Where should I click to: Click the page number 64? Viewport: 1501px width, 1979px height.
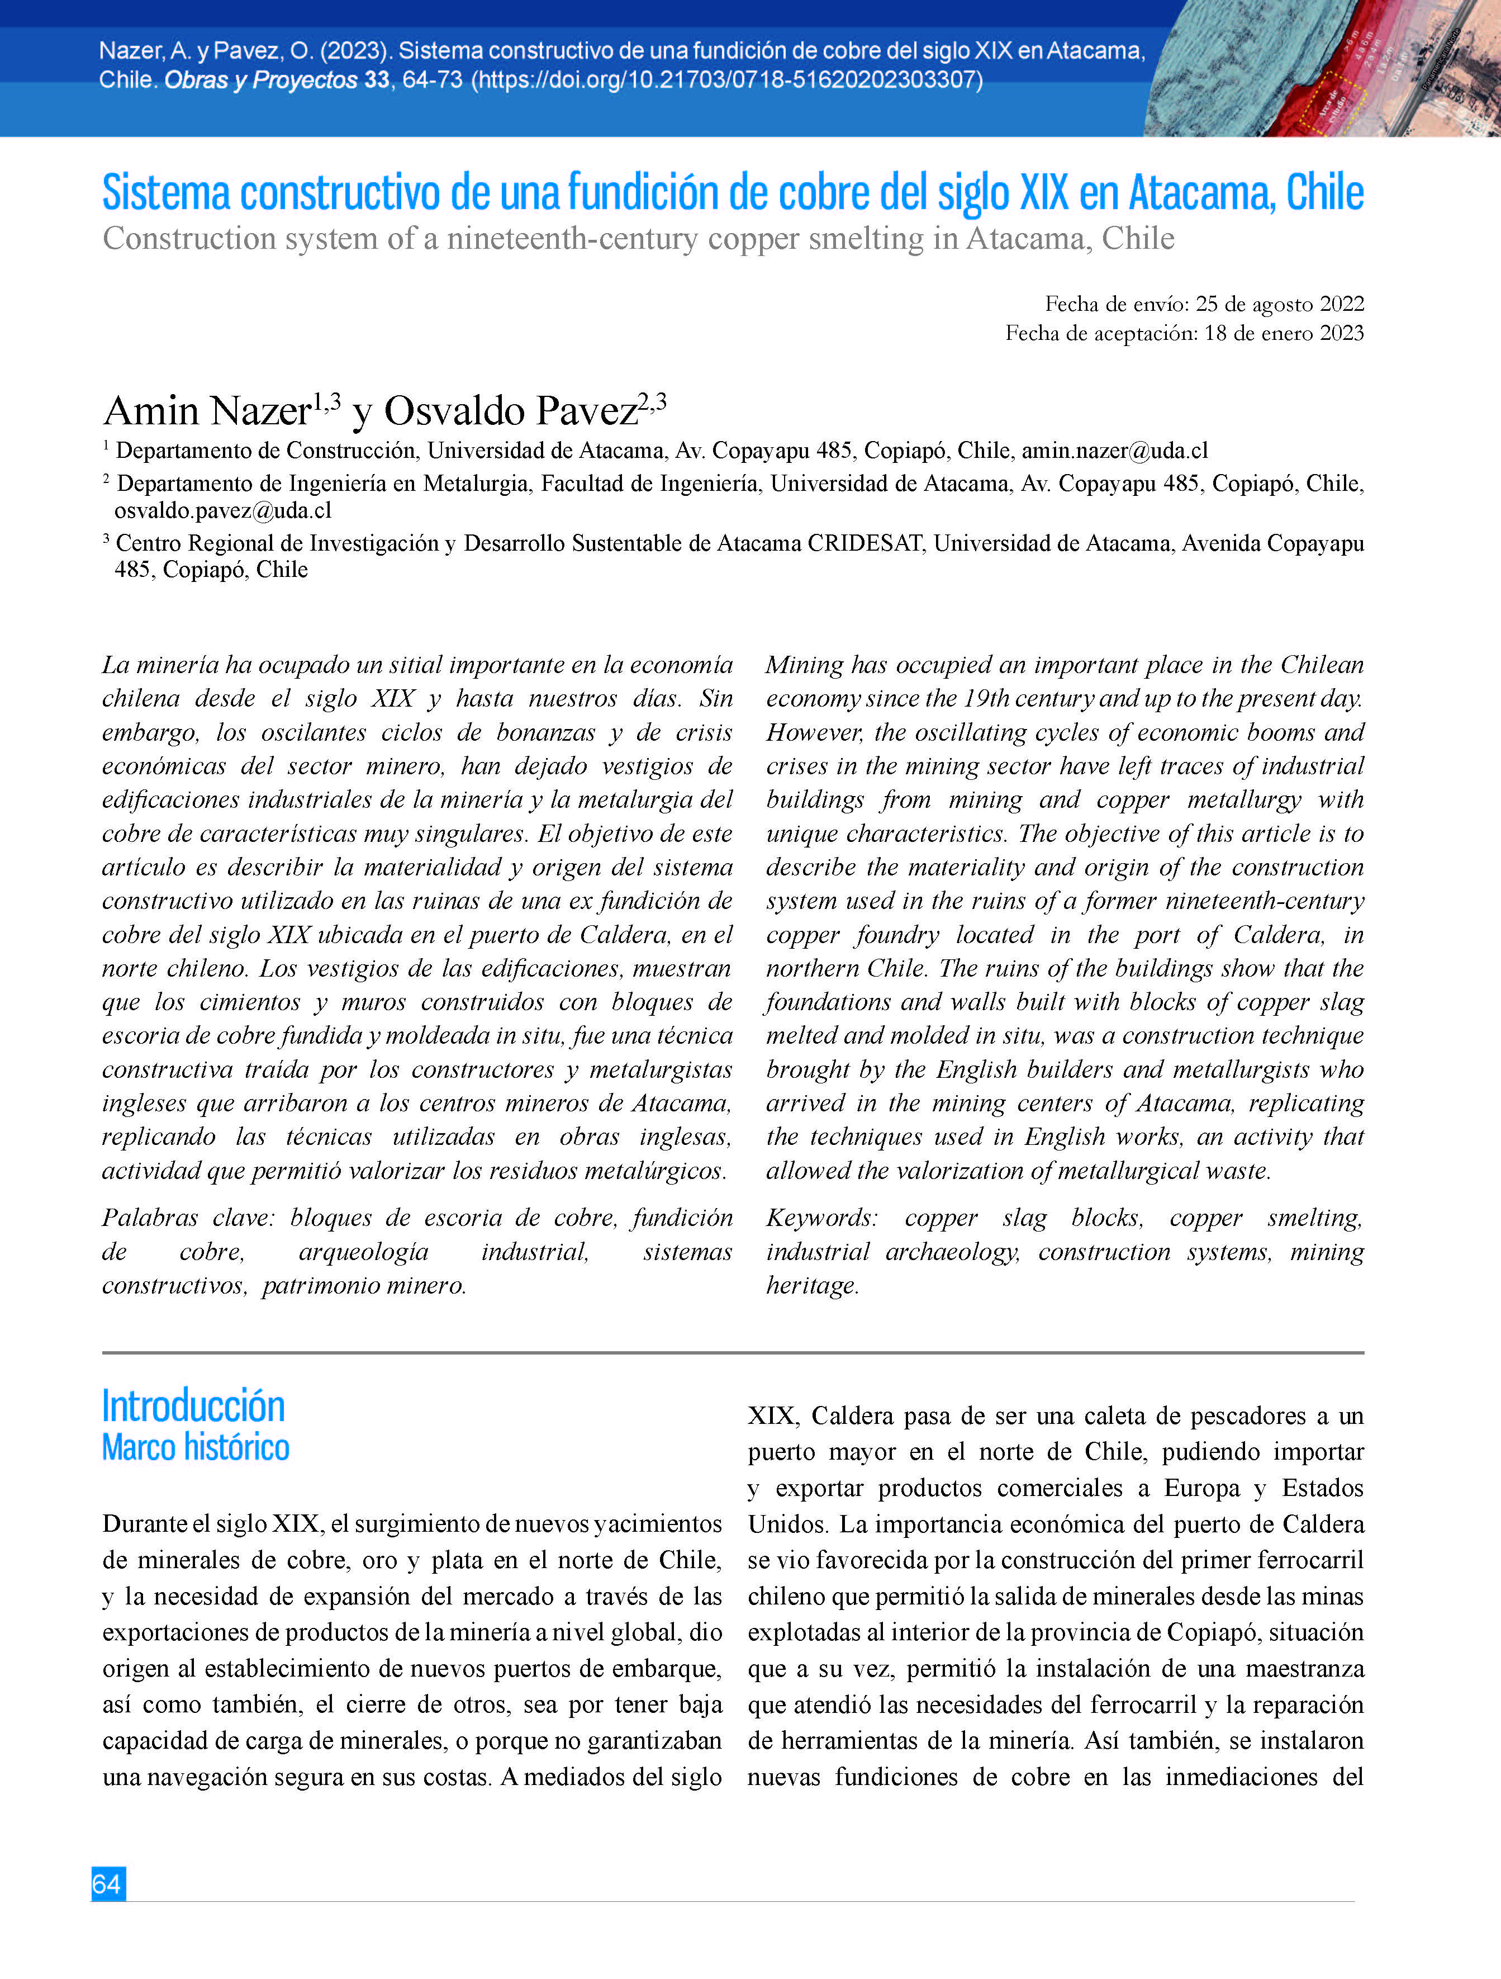[107, 1883]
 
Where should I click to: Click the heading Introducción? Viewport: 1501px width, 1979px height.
[193, 1407]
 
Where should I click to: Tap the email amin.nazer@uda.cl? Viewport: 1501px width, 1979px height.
[1114, 451]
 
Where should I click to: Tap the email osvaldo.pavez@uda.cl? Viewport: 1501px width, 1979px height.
[223, 511]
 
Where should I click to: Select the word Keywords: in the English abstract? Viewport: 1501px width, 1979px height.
[821, 1218]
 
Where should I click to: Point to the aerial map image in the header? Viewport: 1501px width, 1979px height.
[1322, 69]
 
